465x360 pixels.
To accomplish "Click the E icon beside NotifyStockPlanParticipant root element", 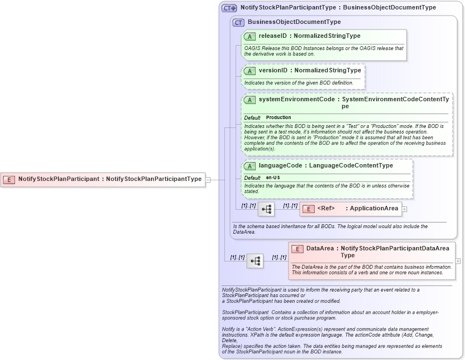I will click(x=9, y=179).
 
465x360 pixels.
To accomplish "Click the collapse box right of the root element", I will click(x=208, y=179).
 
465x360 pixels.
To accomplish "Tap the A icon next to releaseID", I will click(x=250, y=36).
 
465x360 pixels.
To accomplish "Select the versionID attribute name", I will click(x=273, y=71).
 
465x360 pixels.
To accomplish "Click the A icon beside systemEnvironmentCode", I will click(x=250, y=100).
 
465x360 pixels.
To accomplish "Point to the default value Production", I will click(x=278, y=117).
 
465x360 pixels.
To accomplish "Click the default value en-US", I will click(x=273, y=177).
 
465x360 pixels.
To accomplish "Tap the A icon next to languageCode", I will click(x=250, y=166).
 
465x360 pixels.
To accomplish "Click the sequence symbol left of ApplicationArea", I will click(x=266, y=209).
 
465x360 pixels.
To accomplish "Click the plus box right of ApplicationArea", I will click(x=404, y=209).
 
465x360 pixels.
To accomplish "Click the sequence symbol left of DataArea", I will click(x=255, y=261).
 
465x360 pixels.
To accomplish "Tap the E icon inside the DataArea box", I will click(x=297, y=249).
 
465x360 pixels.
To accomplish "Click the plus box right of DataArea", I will click(x=458, y=261).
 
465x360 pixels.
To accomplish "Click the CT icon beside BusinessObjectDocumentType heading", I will click(x=238, y=22).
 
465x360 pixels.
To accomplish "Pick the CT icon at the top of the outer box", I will click(x=229, y=8).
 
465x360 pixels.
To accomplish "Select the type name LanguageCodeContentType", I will click(x=351, y=166).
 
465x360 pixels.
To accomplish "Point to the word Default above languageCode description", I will click(x=252, y=177).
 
